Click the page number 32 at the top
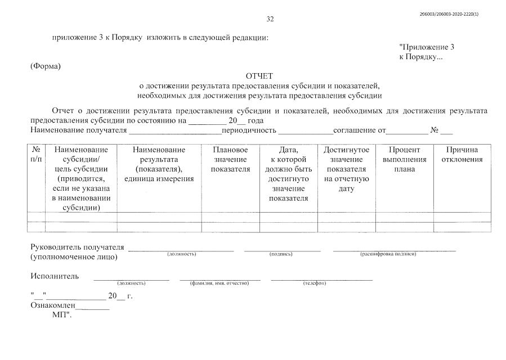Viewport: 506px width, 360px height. click(270, 19)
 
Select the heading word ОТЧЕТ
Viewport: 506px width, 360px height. click(259, 76)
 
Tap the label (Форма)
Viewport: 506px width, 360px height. click(45, 66)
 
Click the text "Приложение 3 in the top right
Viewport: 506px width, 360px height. click(426, 47)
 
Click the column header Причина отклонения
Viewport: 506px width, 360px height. click(462, 155)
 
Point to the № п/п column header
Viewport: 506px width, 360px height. click(36, 155)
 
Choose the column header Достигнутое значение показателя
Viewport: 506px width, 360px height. click(346, 169)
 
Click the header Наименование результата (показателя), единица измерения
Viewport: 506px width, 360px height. click(159, 164)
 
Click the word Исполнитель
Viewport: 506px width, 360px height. click(55, 276)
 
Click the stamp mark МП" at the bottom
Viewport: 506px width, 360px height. click(62, 315)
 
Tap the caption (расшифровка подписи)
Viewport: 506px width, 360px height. click(388, 254)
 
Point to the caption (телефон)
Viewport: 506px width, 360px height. click(315, 283)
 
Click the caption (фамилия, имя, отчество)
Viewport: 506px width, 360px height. click(220, 283)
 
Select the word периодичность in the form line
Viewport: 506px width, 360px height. click(249, 130)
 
